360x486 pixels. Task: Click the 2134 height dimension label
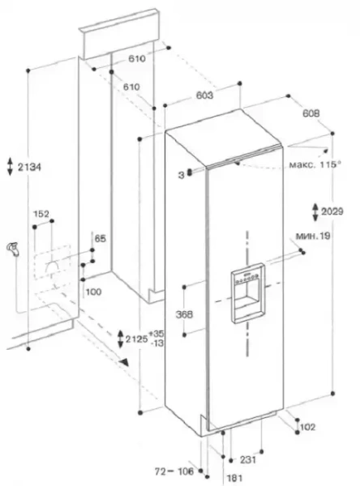tap(29, 168)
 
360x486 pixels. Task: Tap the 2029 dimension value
tap(332, 211)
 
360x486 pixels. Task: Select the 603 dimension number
tap(204, 95)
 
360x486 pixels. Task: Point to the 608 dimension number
tap(311, 113)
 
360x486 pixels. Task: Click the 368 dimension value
tap(184, 314)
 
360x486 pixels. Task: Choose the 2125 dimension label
tap(136, 339)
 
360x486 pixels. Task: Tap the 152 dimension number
tap(41, 214)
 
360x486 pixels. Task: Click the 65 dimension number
tap(100, 239)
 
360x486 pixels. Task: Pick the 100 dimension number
tap(93, 292)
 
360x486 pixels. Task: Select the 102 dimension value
tap(307, 427)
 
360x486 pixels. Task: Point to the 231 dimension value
tap(247, 459)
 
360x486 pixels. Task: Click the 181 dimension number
tap(234, 478)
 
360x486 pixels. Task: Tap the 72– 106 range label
tap(174, 471)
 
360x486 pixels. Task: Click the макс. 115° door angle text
tap(315, 164)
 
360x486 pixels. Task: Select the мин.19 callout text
tap(313, 237)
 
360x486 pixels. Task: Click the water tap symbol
tap(13, 249)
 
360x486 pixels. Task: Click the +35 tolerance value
tap(156, 334)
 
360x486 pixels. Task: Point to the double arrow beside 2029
tap(315, 212)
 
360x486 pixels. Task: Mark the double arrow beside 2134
tap(11, 167)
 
